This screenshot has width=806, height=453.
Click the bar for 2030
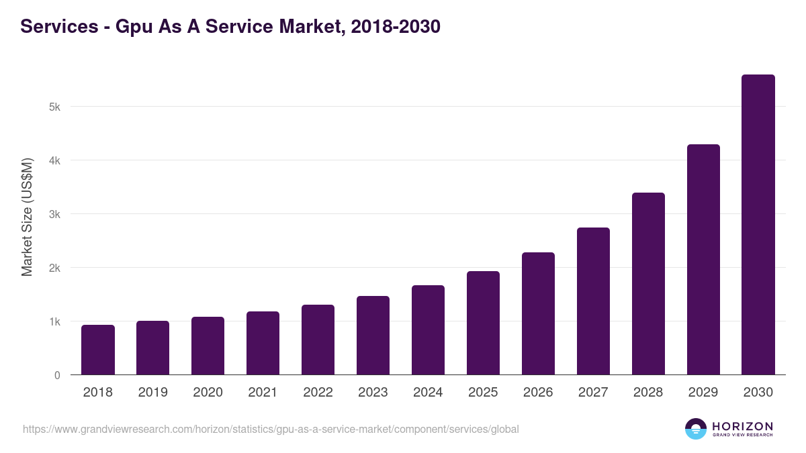758,225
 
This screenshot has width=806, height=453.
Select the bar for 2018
98,350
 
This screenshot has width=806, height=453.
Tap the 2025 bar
483,323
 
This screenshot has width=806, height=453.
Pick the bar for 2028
648,284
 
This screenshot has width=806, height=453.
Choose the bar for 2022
318,340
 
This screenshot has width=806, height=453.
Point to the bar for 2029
703,260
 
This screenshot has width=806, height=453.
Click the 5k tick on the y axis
54,107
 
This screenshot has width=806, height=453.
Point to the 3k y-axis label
54,214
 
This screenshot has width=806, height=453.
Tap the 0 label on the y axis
57,375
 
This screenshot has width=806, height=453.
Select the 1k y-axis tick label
54,321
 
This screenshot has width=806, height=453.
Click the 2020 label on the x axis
208,393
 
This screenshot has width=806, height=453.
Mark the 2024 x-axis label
428,393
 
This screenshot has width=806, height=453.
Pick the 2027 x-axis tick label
593,393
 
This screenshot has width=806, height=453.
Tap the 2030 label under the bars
758,393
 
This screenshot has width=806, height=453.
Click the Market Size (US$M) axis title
27,217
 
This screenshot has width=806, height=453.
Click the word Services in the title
60,27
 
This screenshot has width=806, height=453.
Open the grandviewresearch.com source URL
271,429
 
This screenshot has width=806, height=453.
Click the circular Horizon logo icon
696,429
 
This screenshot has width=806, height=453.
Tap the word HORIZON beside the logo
742,426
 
